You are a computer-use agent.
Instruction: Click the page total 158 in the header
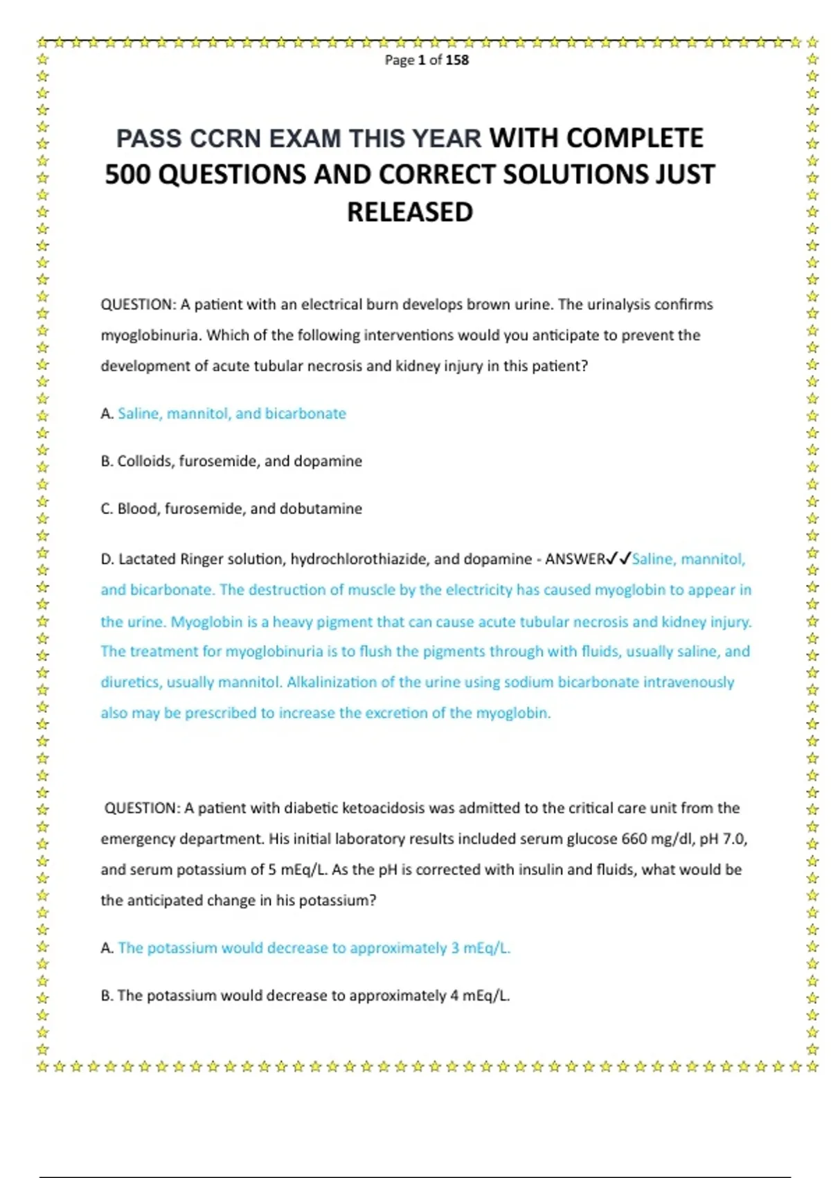pos(457,60)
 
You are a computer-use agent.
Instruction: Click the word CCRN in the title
pos(226,139)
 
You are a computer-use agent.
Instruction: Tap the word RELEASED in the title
pos(410,212)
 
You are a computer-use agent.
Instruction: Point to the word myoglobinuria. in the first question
pos(152,335)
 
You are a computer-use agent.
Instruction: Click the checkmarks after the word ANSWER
pos(618,559)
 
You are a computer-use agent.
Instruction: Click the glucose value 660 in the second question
pos(634,839)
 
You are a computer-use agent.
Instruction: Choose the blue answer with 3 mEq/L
pos(314,948)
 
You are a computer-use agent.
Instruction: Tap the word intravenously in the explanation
pos(688,682)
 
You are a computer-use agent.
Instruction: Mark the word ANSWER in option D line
pos(575,559)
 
